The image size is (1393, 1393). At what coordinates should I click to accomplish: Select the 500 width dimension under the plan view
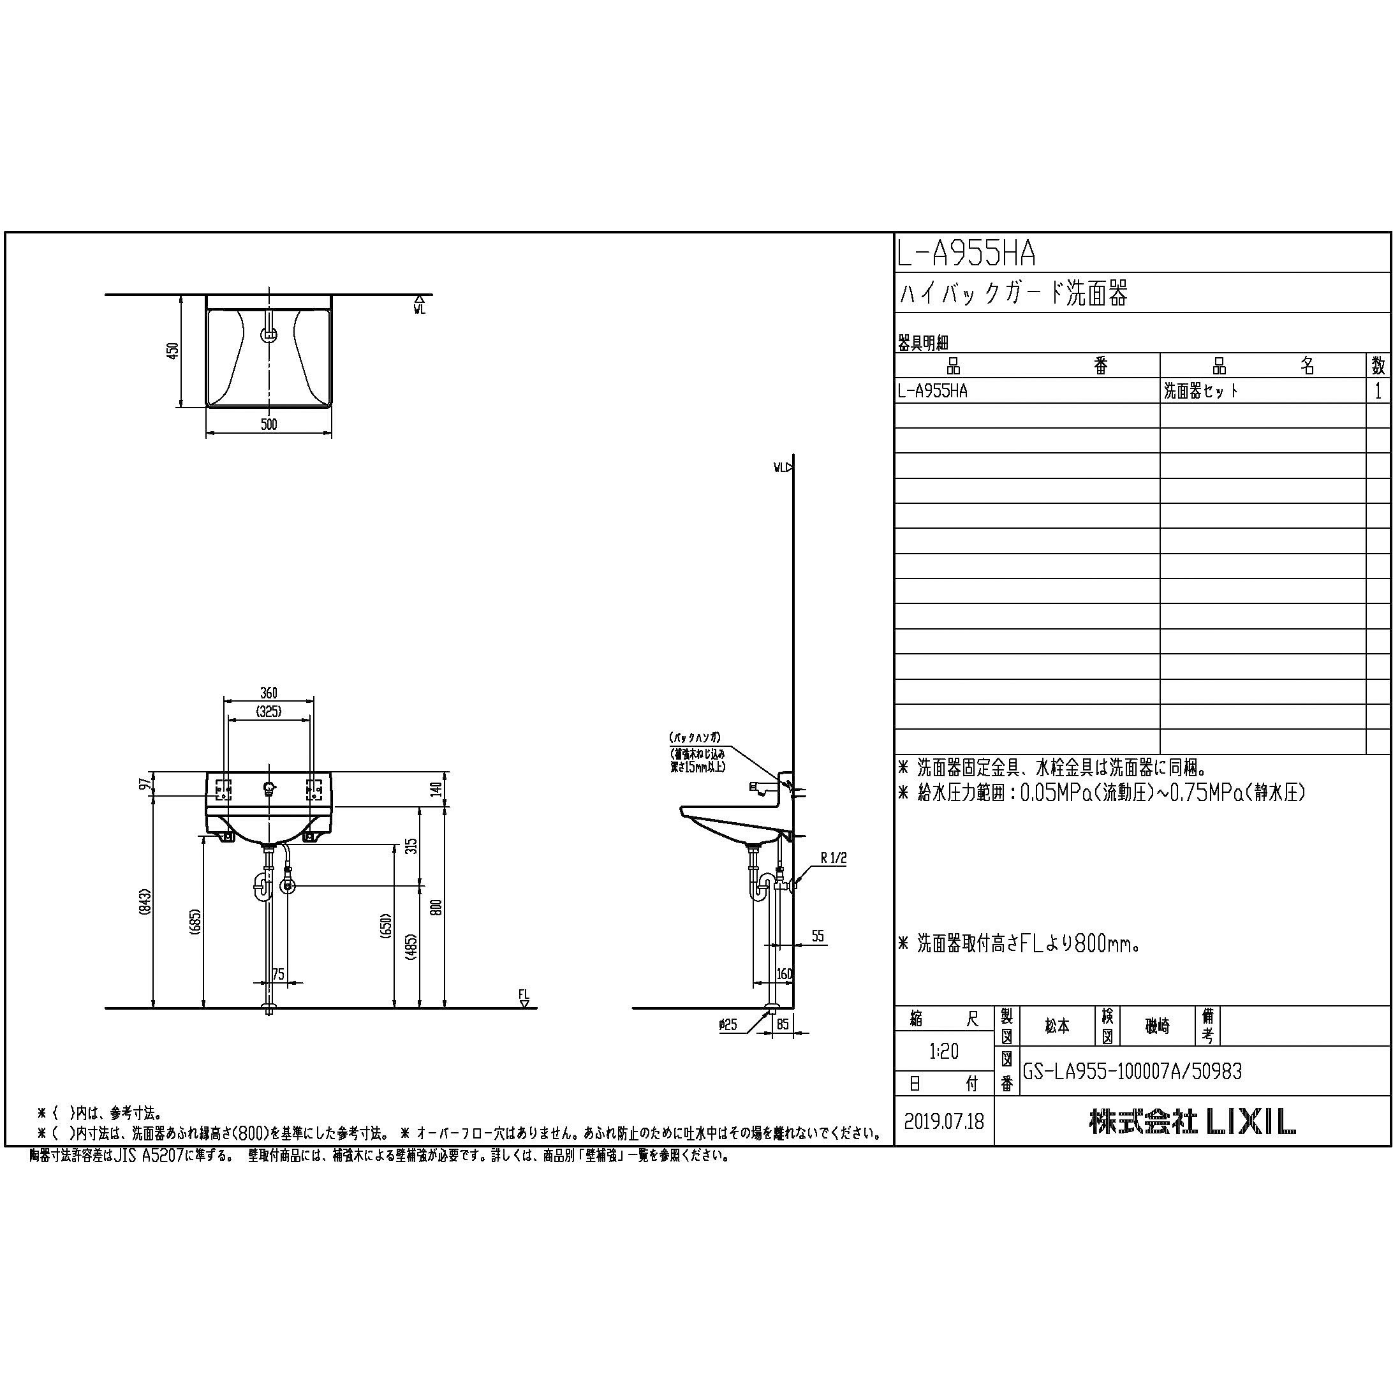(269, 424)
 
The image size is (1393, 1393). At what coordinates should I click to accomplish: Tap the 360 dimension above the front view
(269, 693)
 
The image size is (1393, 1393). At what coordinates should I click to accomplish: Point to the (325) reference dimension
(269, 712)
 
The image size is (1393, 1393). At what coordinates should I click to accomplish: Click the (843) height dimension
(145, 902)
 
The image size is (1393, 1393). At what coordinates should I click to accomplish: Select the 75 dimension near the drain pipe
(278, 974)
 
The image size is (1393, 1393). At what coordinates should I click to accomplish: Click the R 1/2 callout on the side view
(834, 858)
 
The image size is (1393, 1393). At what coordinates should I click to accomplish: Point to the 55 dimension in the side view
(817, 936)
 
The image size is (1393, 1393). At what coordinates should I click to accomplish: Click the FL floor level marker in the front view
(524, 997)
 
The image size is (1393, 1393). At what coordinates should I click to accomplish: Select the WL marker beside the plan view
(420, 306)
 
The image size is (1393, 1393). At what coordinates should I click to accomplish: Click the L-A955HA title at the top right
(966, 254)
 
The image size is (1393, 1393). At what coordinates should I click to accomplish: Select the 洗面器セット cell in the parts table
(1201, 391)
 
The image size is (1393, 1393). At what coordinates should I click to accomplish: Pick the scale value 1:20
(943, 1051)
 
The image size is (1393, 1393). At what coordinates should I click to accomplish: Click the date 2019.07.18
(943, 1122)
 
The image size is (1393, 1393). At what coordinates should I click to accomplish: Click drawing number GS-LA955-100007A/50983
(1132, 1072)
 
